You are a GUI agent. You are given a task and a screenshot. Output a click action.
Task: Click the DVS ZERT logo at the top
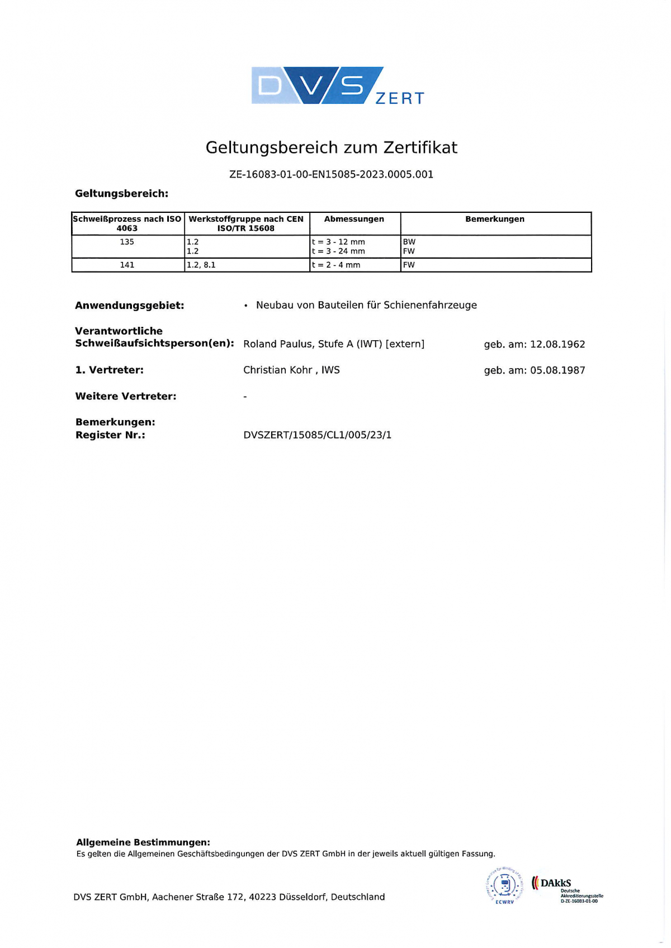[337, 85]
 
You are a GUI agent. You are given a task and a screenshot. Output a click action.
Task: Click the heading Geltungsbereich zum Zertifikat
[331, 147]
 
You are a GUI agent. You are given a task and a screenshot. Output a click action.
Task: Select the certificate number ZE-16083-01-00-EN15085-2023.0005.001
[331, 174]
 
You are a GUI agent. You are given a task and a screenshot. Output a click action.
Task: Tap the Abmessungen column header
[354, 219]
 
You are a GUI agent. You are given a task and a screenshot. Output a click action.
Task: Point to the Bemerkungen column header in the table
[495, 219]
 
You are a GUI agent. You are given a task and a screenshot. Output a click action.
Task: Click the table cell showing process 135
[127, 242]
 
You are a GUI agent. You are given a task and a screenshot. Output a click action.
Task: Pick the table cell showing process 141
[127, 265]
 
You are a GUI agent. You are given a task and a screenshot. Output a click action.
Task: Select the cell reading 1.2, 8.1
[201, 265]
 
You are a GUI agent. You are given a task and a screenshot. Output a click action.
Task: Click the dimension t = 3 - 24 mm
[338, 251]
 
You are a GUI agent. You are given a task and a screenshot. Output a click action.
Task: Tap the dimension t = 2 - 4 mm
[336, 265]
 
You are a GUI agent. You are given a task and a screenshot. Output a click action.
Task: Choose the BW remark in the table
[409, 242]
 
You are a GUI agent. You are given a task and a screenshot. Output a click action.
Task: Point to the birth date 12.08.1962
[557, 344]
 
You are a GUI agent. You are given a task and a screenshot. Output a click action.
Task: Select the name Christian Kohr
[277, 370]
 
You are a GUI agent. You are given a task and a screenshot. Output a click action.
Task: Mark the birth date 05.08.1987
[557, 370]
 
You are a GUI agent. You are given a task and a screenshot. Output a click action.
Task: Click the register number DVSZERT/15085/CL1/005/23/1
[318, 435]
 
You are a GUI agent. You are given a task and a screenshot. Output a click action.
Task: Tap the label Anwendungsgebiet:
[130, 306]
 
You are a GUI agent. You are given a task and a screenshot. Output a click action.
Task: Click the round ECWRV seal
[505, 886]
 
